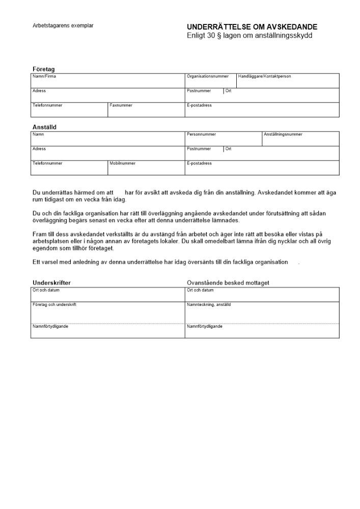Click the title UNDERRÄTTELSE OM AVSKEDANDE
coord(252,27)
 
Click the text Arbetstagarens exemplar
coord(63,25)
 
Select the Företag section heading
coord(44,69)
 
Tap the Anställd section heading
coord(44,127)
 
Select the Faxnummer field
coord(146,110)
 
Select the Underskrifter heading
coord(51,282)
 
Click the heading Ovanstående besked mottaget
coord(228,282)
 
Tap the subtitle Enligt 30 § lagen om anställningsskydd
coord(250,36)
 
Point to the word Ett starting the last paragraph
coord(36,262)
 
